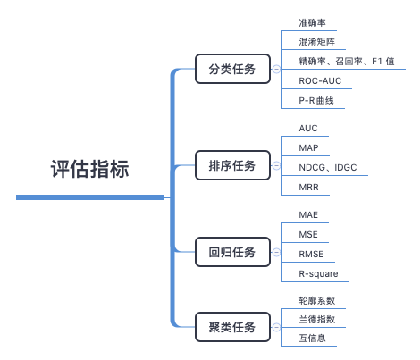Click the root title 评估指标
89,169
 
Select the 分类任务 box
232,69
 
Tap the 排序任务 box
232,165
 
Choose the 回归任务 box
232,252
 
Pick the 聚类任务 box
232,327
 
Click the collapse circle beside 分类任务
276,69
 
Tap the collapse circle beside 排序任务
276,165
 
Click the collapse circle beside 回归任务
276,252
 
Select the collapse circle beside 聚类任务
276,327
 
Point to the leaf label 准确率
312,22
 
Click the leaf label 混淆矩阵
316,42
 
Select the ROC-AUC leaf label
320,80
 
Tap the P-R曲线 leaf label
316,100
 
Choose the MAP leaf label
308,147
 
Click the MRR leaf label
308,187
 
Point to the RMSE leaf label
311,254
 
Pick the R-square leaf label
318,273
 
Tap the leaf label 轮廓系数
317,300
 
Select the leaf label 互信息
312,338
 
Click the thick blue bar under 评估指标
89,197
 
